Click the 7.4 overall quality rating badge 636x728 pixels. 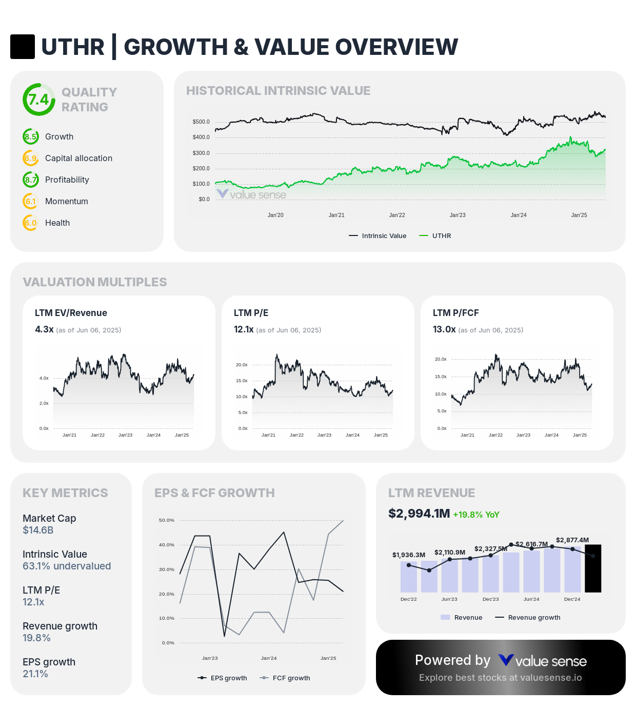[38, 100]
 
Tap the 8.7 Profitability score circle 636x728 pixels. [31, 180]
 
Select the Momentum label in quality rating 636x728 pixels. [66, 201]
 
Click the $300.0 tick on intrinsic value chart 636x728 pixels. [201, 153]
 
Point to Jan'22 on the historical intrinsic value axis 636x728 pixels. [397, 215]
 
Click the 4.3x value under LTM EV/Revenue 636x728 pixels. [44, 329]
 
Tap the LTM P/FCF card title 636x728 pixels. [455, 313]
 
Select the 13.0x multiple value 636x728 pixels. [444, 329]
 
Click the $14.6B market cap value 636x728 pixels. [38, 530]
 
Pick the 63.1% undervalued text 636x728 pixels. [67, 566]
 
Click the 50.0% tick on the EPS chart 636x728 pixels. [167, 520]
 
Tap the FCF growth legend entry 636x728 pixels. [291, 678]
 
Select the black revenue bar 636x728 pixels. [593, 568]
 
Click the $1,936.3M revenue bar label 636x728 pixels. [409, 555]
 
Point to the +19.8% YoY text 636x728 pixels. [476, 515]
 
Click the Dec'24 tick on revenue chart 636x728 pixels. [572, 599]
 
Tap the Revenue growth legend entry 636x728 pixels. [533, 617]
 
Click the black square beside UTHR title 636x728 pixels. [23, 47]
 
